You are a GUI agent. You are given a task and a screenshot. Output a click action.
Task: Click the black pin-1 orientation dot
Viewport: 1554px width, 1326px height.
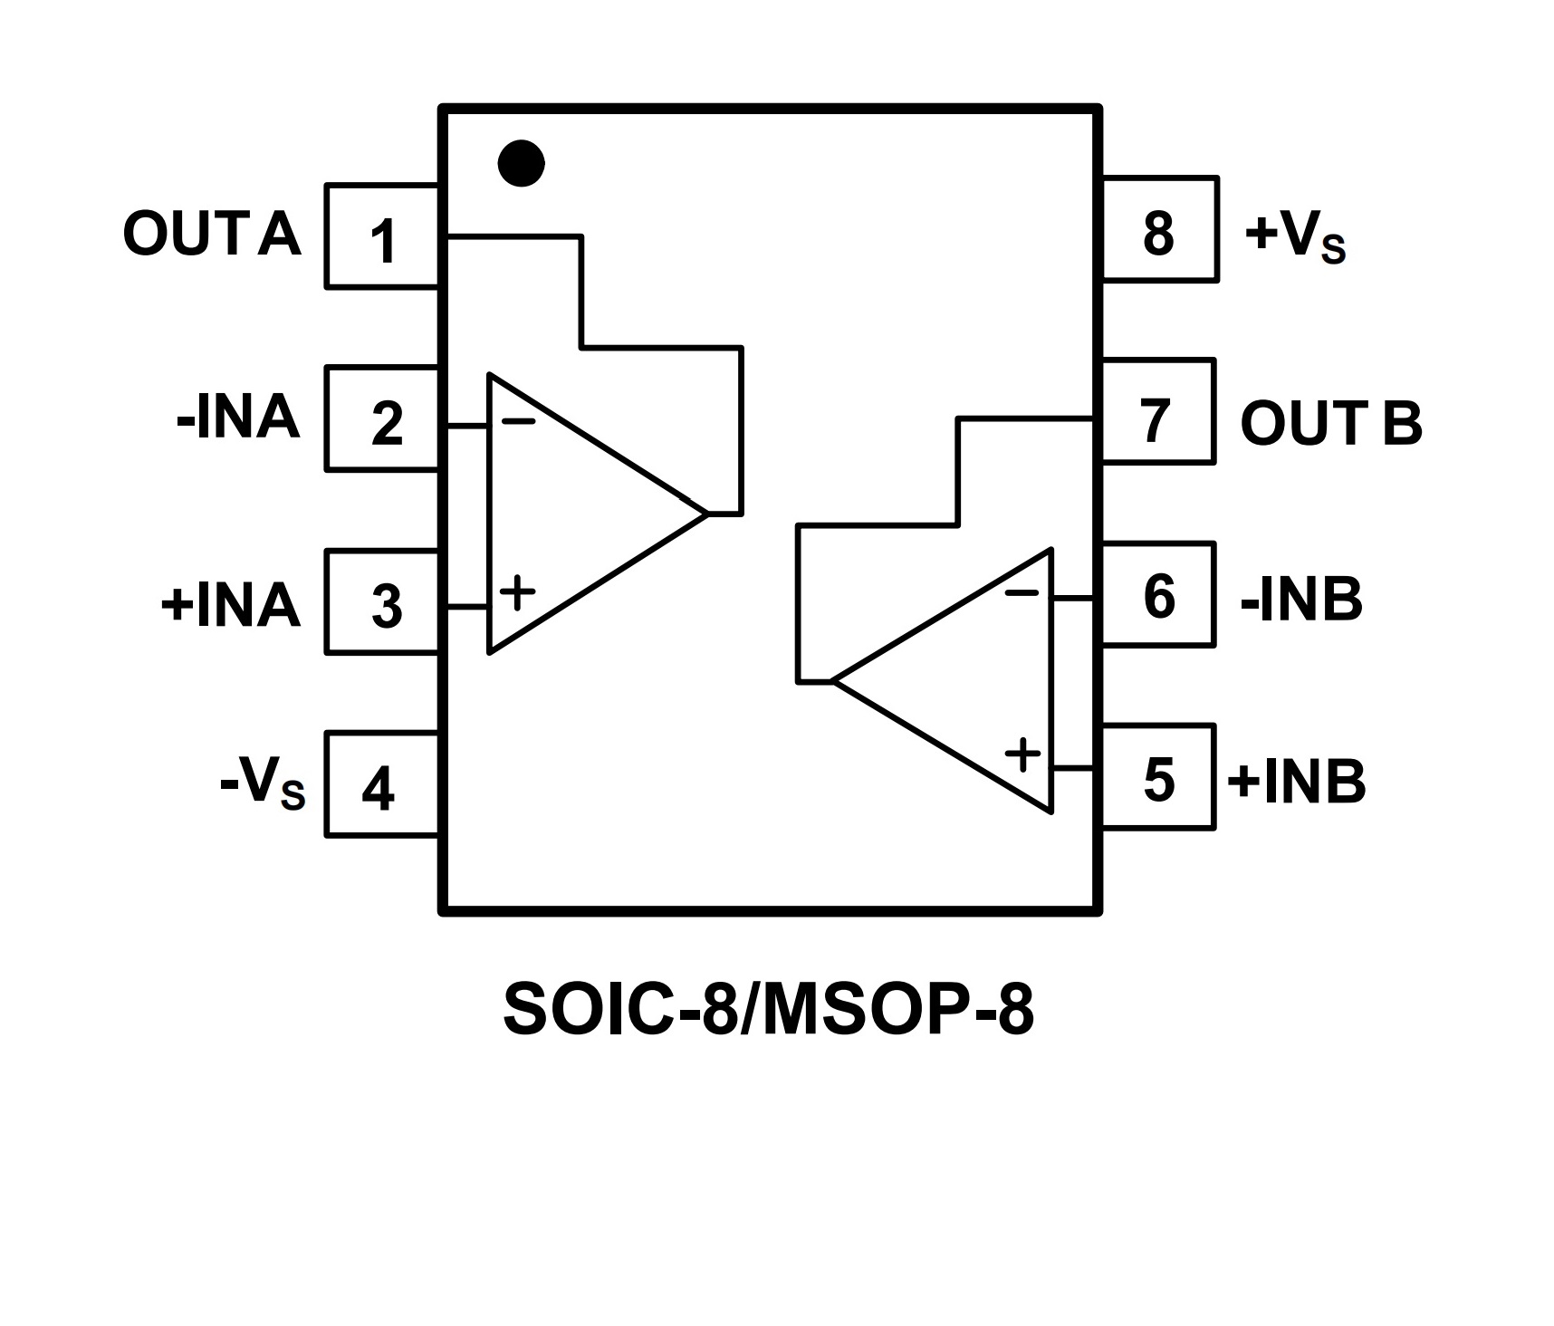click(x=522, y=164)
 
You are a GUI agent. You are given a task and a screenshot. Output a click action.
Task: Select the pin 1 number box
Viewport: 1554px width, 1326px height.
click(x=383, y=237)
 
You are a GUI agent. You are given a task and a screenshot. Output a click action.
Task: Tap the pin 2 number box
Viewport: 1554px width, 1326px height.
click(x=383, y=419)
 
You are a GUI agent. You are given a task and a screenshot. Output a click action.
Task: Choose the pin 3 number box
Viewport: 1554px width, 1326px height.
click(x=383, y=602)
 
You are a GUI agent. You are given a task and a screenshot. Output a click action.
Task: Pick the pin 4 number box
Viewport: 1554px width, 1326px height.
click(x=381, y=784)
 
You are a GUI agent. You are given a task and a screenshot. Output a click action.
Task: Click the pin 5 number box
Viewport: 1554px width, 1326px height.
click(x=1157, y=777)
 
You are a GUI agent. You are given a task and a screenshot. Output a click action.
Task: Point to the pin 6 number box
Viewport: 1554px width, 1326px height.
click(x=1157, y=595)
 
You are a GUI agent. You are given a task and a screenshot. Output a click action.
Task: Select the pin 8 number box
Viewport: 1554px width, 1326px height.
click(x=1159, y=229)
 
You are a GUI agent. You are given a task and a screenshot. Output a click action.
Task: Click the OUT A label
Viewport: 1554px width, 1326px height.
click(x=212, y=234)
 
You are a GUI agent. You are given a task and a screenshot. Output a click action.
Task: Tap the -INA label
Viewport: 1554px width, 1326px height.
click(x=238, y=418)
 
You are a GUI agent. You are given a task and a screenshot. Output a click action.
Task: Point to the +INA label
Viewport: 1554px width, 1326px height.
click(x=231, y=604)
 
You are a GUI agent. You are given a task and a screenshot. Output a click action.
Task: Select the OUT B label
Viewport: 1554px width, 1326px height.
click(x=1331, y=422)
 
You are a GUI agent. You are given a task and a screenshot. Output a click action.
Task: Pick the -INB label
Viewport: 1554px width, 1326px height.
click(x=1301, y=599)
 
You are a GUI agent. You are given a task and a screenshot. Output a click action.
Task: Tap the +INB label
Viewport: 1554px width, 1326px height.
click(x=1297, y=781)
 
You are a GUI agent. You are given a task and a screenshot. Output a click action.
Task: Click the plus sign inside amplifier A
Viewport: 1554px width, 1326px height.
click(x=517, y=593)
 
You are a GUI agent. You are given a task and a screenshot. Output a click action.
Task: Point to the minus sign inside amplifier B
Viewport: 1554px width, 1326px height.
click(x=1022, y=593)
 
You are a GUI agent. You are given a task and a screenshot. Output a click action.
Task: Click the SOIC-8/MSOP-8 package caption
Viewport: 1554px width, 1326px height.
click(x=768, y=1010)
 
